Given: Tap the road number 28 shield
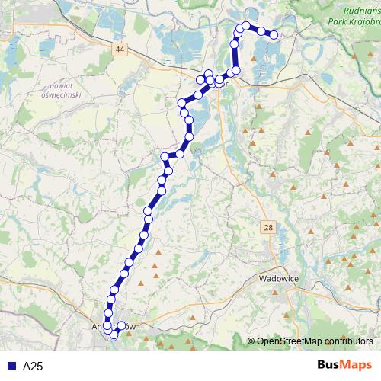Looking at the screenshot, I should [x=269, y=228].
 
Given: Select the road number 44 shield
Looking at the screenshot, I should [x=119, y=50].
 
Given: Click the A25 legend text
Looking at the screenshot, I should [x=33, y=367].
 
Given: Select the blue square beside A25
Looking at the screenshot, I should [x=11, y=367].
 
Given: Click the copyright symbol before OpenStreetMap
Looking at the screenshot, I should [x=251, y=341].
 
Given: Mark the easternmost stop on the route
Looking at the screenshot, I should [x=274, y=34].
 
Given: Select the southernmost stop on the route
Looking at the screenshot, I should [x=114, y=335].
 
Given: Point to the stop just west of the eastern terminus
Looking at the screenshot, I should [x=261, y=30].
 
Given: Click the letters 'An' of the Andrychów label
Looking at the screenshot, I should [x=96, y=328].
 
